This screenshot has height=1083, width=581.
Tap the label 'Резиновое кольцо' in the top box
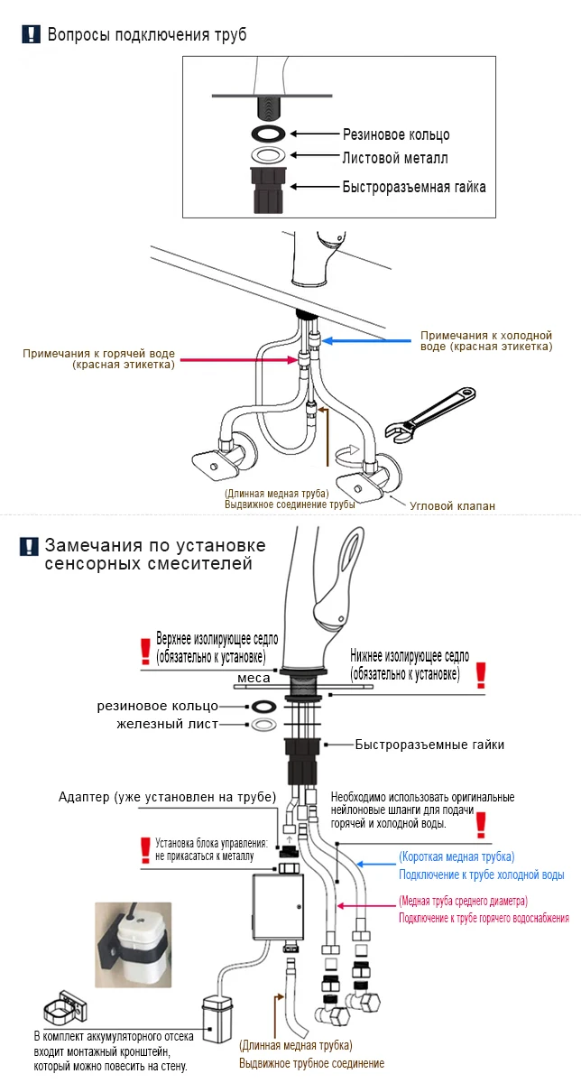[395, 134]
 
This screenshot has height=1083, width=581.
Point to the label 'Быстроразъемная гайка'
[413, 187]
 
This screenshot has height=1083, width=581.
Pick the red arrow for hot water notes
[236, 359]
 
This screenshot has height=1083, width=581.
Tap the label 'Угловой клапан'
[452, 505]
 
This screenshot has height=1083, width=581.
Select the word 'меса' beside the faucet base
[254, 678]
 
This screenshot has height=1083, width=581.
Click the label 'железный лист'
[167, 725]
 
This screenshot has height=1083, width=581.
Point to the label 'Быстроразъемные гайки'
[429, 745]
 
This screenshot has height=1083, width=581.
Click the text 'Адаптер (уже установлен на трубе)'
[167, 796]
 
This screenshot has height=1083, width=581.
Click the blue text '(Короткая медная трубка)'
[456, 856]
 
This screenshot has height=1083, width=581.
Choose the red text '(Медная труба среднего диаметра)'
[463, 901]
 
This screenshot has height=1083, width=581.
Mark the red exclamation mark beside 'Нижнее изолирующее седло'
[481, 674]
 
